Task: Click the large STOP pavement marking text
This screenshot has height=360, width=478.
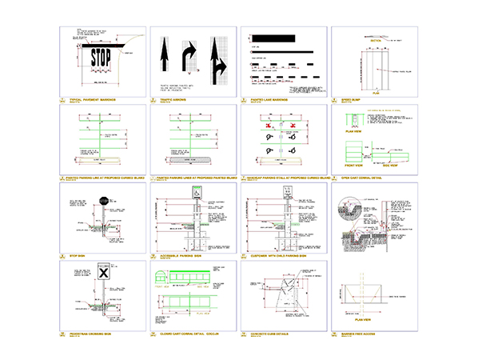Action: [100, 58]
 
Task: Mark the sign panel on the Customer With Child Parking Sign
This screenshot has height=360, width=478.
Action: [287, 192]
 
